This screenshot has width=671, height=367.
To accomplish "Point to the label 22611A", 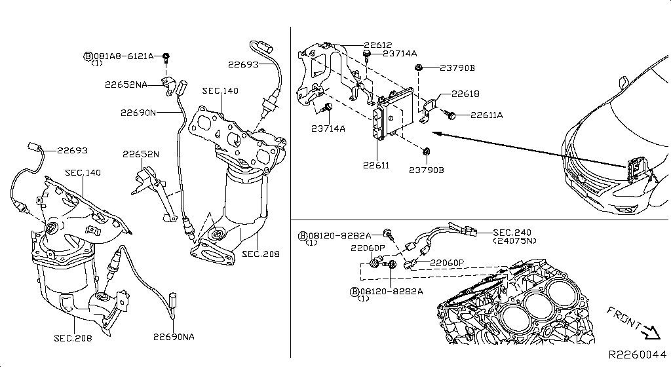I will [x=486, y=115].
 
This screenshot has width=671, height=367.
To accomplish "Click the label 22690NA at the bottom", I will [x=174, y=337].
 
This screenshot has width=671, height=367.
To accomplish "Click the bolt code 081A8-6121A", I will [x=123, y=56].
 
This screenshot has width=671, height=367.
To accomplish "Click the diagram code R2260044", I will [x=638, y=354].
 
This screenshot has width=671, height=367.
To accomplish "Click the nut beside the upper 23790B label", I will [x=418, y=68].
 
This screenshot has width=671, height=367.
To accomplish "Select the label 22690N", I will [x=138, y=112].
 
